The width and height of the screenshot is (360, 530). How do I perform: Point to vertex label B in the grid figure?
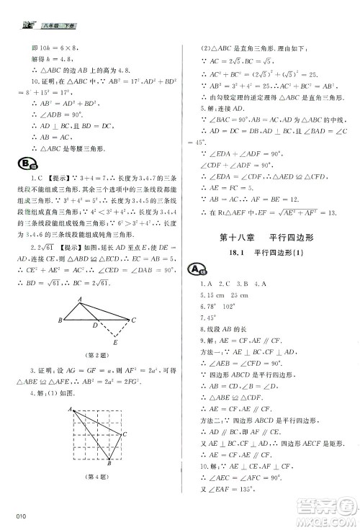click(x=109, y=464)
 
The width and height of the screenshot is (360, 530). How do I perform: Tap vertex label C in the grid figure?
click(x=125, y=435)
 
